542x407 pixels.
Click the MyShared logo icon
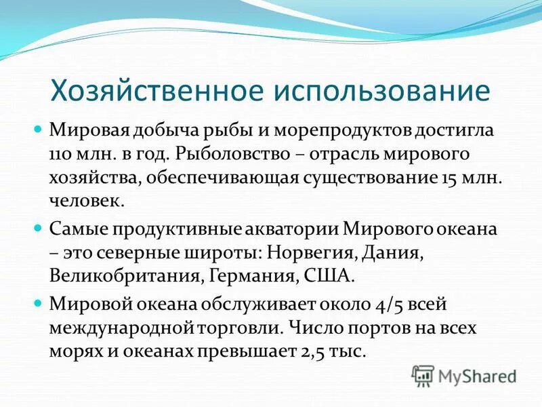423,375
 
